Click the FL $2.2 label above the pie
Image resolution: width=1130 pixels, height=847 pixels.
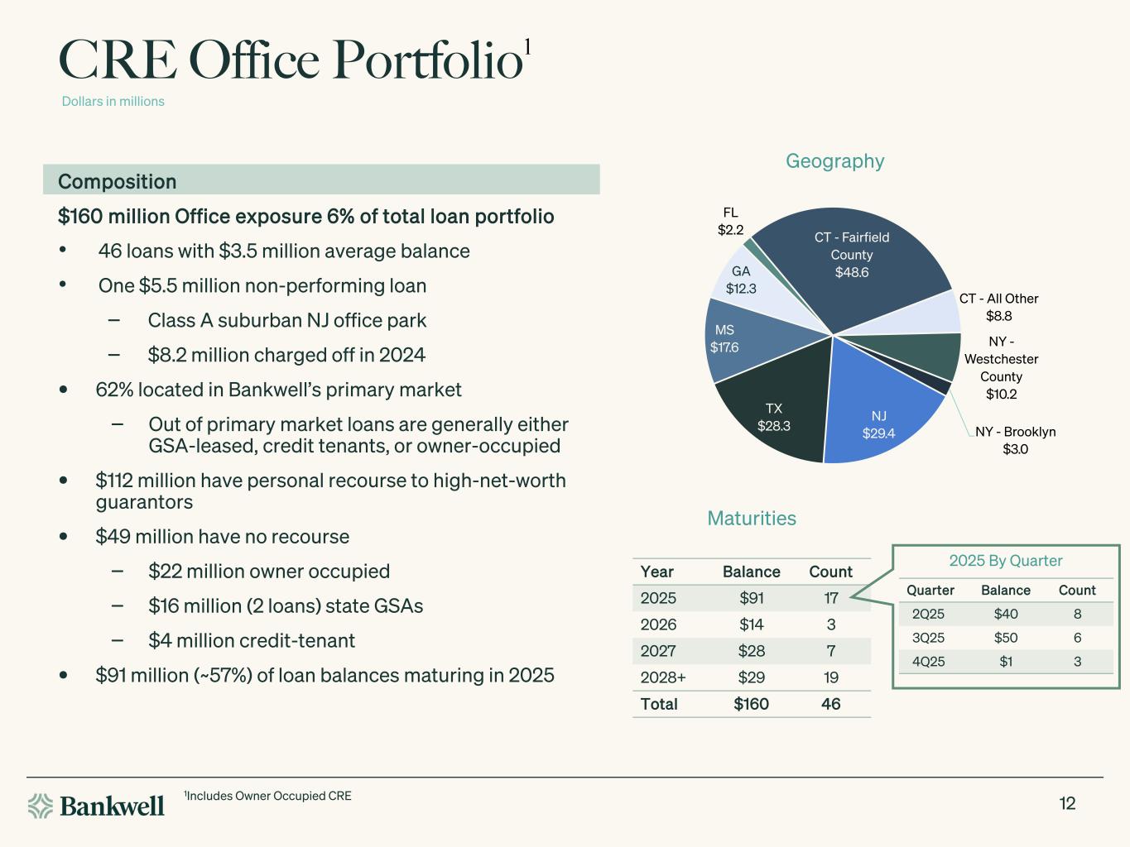point(730,221)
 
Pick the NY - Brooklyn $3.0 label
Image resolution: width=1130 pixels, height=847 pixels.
point(1015,440)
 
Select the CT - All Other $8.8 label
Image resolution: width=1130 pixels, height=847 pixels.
point(998,307)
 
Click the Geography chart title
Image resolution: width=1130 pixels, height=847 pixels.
point(834,161)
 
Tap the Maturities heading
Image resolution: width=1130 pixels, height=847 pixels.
point(752,519)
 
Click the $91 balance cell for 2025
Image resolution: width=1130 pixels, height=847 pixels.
point(752,598)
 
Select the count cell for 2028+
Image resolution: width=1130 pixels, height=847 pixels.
point(831,677)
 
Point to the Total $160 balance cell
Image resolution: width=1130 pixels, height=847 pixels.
point(751,704)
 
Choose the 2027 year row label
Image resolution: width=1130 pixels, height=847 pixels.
point(658,651)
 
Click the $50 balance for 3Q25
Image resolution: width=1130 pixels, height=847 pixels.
point(1006,638)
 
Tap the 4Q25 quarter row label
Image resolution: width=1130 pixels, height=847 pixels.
point(928,662)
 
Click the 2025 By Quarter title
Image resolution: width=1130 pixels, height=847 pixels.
point(1006,561)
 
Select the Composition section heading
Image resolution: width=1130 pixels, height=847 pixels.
point(117,181)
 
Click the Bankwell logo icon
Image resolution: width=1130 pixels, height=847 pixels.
point(41,806)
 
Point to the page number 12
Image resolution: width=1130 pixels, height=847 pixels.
point(1067,803)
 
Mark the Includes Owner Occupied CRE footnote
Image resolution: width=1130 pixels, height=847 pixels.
point(267,796)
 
